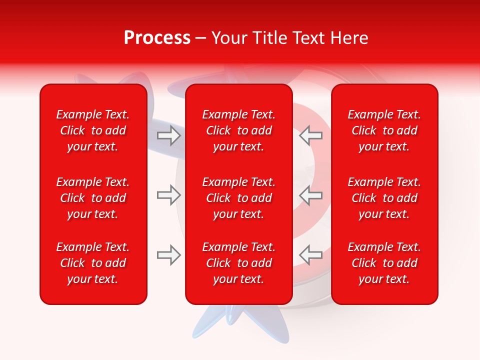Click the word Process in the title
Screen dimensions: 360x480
click(157, 38)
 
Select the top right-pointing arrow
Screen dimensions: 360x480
click(169, 135)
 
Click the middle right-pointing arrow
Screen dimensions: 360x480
click(169, 195)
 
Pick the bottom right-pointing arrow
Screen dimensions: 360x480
click(169, 255)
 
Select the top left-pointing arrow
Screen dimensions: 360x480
click(311, 135)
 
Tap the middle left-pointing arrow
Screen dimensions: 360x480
click(311, 195)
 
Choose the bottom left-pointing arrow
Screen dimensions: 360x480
click(311, 255)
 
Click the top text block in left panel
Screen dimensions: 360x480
click(93, 130)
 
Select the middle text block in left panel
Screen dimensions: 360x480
click(93, 198)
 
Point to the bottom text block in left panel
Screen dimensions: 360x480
click(93, 263)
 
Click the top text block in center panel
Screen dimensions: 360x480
click(239, 130)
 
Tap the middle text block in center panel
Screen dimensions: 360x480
click(239, 198)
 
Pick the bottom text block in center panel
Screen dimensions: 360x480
click(239, 263)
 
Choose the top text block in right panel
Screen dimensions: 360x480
click(384, 130)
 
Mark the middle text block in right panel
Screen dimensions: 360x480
click(384, 198)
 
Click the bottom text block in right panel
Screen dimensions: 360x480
click(384, 263)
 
